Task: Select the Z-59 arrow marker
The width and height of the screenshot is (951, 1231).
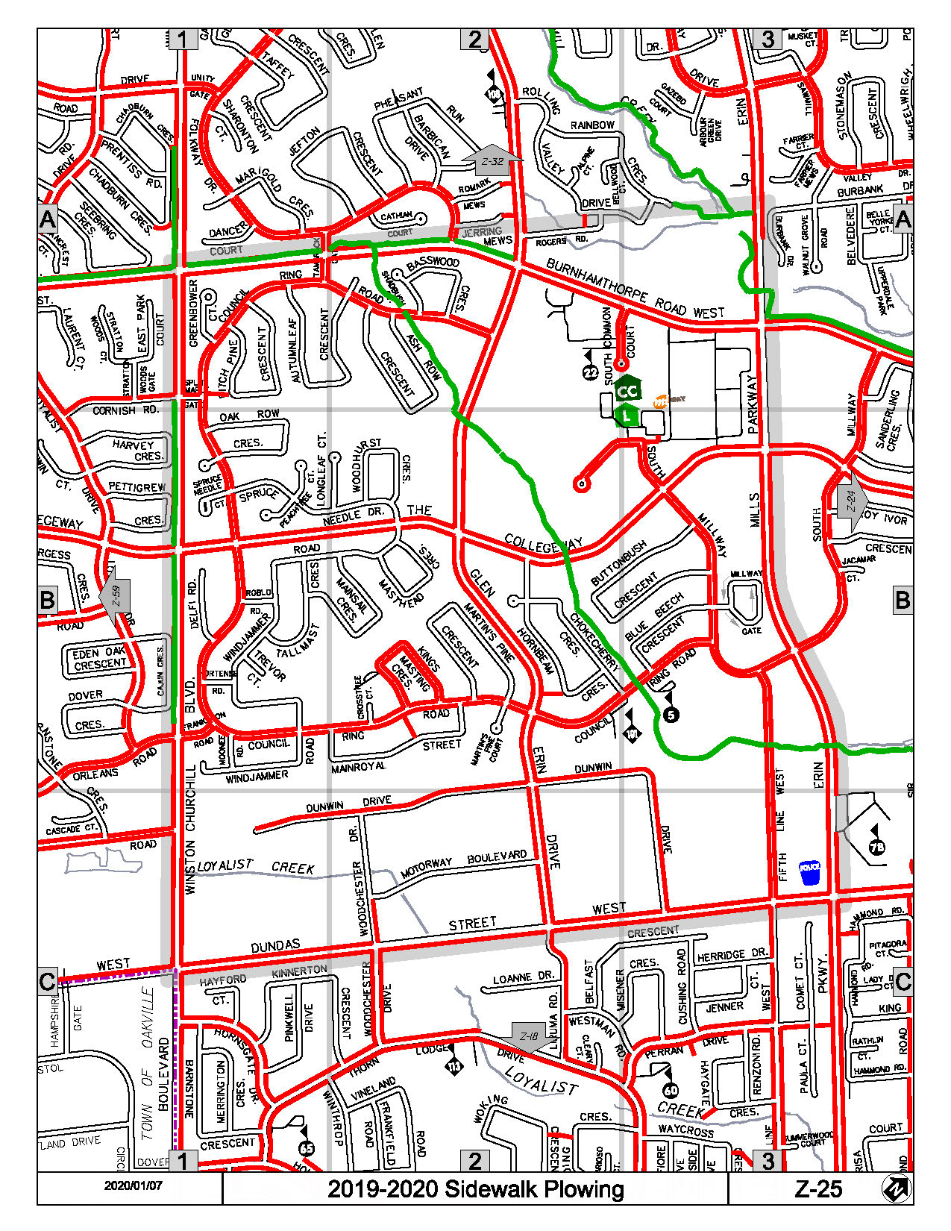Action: pos(115,595)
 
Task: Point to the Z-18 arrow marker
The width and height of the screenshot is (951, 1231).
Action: pos(529,1036)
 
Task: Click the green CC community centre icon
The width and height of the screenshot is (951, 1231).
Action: pos(628,390)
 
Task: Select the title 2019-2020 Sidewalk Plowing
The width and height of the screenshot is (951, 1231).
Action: pos(475,1188)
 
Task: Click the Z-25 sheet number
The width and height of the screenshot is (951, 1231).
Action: pos(818,1188)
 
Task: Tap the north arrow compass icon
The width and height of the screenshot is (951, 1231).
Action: pos(896,1188)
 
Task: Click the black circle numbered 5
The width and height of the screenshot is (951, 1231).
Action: pos(671,715)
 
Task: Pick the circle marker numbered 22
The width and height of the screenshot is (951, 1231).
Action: pos(590,372)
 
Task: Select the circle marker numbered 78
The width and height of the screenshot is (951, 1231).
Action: pos(876,847)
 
